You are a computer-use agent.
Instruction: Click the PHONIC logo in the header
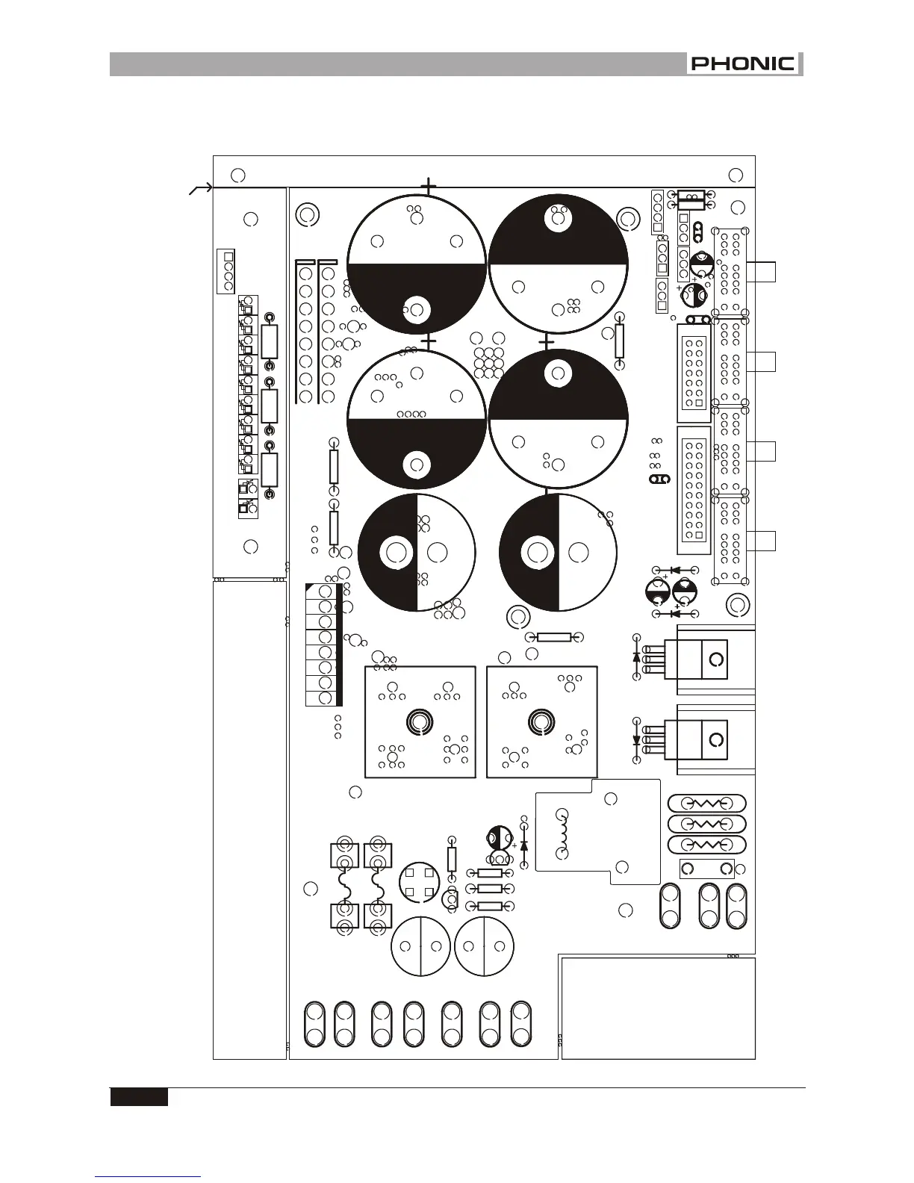coord(744,64)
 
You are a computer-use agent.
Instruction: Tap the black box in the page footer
coord(139,1097)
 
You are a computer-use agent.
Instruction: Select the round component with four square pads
coord(418,881)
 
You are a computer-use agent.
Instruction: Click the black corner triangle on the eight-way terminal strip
coord(311,588)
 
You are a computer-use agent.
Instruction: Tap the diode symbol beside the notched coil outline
coord(524,845)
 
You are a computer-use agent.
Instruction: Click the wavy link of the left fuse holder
coord(345,889)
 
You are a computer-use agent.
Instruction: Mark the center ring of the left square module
coord(419,721)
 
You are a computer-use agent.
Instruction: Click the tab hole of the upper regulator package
coord(715,660)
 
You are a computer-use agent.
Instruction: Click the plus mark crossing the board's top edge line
coord(429,186)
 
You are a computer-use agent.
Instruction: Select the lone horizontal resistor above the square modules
coord(553,637)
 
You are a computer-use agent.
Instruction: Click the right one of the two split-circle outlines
coord(484,946)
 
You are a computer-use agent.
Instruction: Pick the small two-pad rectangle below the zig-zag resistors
coord(706,869)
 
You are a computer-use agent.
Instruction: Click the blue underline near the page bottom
coord(148,1176)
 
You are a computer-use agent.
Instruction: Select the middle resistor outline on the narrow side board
coord(270,406)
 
